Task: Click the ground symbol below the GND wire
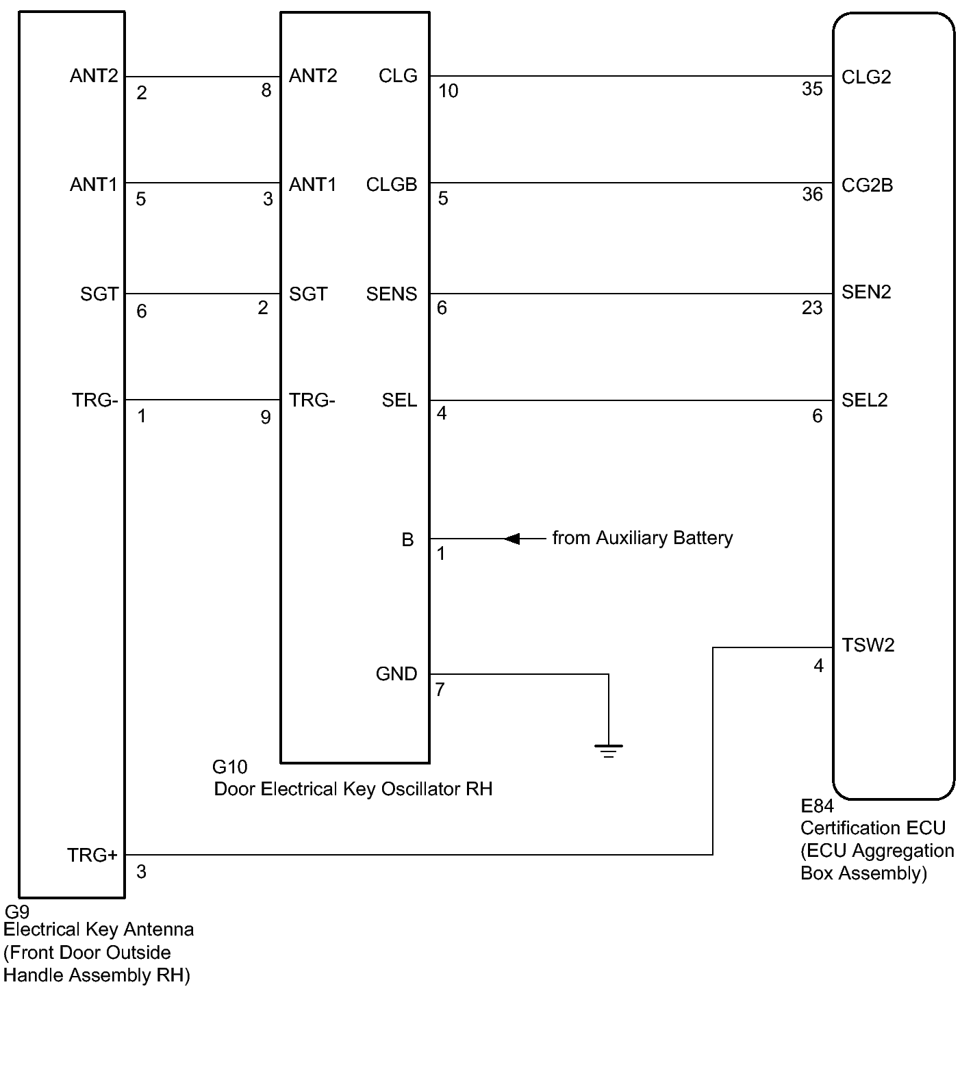tap(608, 750)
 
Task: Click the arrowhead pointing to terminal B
tap(512, 539)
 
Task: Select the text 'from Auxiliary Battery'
tap(642, 538)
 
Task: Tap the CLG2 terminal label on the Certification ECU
tap(866, 77)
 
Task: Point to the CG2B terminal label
tap(867, 185)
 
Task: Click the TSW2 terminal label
tap(868, 645)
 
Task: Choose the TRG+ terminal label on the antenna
tap(92, 855)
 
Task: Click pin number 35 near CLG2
tap(812, 90)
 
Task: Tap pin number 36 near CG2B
tap(812, 195)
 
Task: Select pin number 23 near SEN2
tap(812, 308)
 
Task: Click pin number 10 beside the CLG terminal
tap(448, 91)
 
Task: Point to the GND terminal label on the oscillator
tap(396, 674)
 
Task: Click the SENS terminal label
tap(392, 294)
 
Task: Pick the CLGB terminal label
tap(392, 185)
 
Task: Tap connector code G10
tap(230, 767)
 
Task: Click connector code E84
tap(817, 806)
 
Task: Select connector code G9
tap(17, 912)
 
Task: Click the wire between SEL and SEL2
tap(630, 400)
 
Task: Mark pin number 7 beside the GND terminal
tap(440, 690)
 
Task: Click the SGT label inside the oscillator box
tap(308, 294)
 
